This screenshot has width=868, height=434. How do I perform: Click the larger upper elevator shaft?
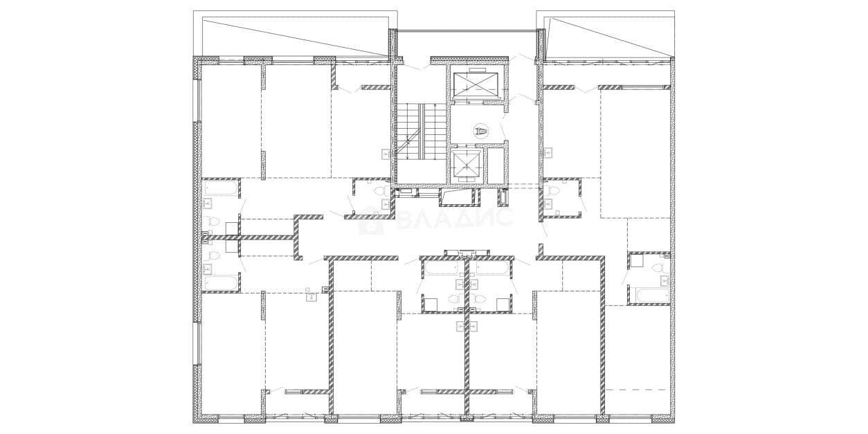pos(475,85)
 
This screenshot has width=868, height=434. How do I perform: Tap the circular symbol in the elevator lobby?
pos(481,132)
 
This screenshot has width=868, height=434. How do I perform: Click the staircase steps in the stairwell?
pos(422,131)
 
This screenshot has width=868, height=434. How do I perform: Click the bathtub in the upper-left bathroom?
pos(221,188)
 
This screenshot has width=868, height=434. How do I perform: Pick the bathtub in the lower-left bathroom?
pos(221,283)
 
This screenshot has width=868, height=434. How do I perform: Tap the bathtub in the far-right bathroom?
pos(653,296)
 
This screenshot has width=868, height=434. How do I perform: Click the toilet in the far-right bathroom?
pos(660,267)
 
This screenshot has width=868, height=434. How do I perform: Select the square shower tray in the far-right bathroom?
pos(637,260)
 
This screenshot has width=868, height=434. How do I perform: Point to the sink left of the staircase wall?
pos(386,154)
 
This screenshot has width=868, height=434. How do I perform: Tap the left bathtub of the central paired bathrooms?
pos(442,268)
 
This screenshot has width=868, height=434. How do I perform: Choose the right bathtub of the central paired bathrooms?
pos(491,268)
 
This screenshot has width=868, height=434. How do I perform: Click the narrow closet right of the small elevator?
pos(494,165)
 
